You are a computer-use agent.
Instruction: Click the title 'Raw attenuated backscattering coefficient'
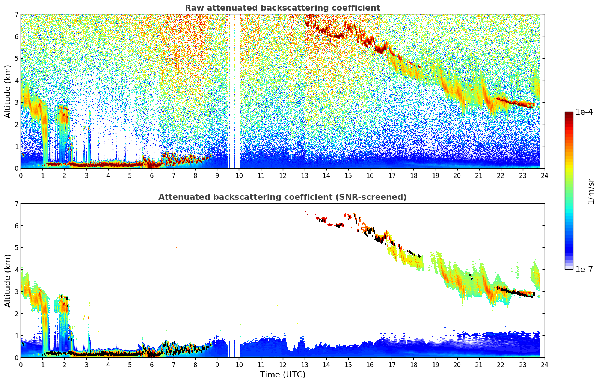[x=282, y=8]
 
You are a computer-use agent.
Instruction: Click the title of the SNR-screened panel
[x=282, y=197]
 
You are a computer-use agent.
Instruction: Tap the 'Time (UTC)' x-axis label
[x=282, y=375]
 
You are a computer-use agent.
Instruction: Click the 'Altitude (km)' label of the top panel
[x=8, y=91]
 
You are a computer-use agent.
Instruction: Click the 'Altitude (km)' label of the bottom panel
[x=8, y=280]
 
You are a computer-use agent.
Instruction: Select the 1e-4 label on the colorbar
[x=584, y=112]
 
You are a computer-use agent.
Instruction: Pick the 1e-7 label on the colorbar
[x=584, y=269]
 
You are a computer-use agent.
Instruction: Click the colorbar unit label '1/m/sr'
[x=591, y=191]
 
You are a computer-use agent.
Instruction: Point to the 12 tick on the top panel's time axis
[x=282, y=175]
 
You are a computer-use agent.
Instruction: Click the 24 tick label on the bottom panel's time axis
[x=544, y=365]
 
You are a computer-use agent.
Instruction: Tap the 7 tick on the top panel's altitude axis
[x=16, y=15]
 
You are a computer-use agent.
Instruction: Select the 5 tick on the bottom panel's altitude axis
[x=16, y=248]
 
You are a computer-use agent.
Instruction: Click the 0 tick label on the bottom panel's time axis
[x=21, y=365]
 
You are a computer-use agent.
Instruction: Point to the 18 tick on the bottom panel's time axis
[x=413, y=365]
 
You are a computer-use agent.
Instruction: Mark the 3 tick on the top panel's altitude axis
[x=16, y=103]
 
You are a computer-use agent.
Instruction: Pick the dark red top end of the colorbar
[x=569, y=114]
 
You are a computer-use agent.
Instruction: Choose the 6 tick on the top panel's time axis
[x=152, y=175]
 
